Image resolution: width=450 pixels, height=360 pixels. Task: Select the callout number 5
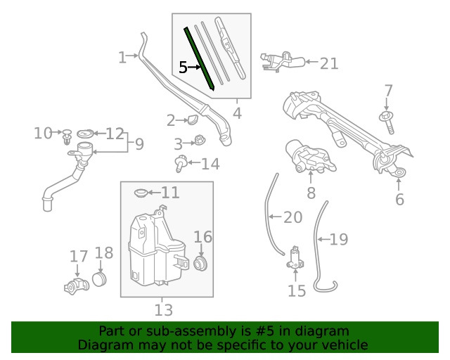pyautogui.click(x=183, y=67)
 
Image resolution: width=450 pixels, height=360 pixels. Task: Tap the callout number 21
pyautogui.click(x=328, y=63)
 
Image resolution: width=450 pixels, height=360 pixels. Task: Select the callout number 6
pyautogui.click(x=399, y=200)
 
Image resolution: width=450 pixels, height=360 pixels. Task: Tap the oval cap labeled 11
pyautogui.click(x=139, y=192)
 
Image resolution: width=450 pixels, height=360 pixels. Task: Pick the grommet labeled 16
pyautogui.click(x=200, y=264)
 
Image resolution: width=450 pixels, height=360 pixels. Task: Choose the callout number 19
pyautogui.click(x=339, y=240)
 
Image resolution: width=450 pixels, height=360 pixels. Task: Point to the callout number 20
pyautogui.click(x=292, y=217)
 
